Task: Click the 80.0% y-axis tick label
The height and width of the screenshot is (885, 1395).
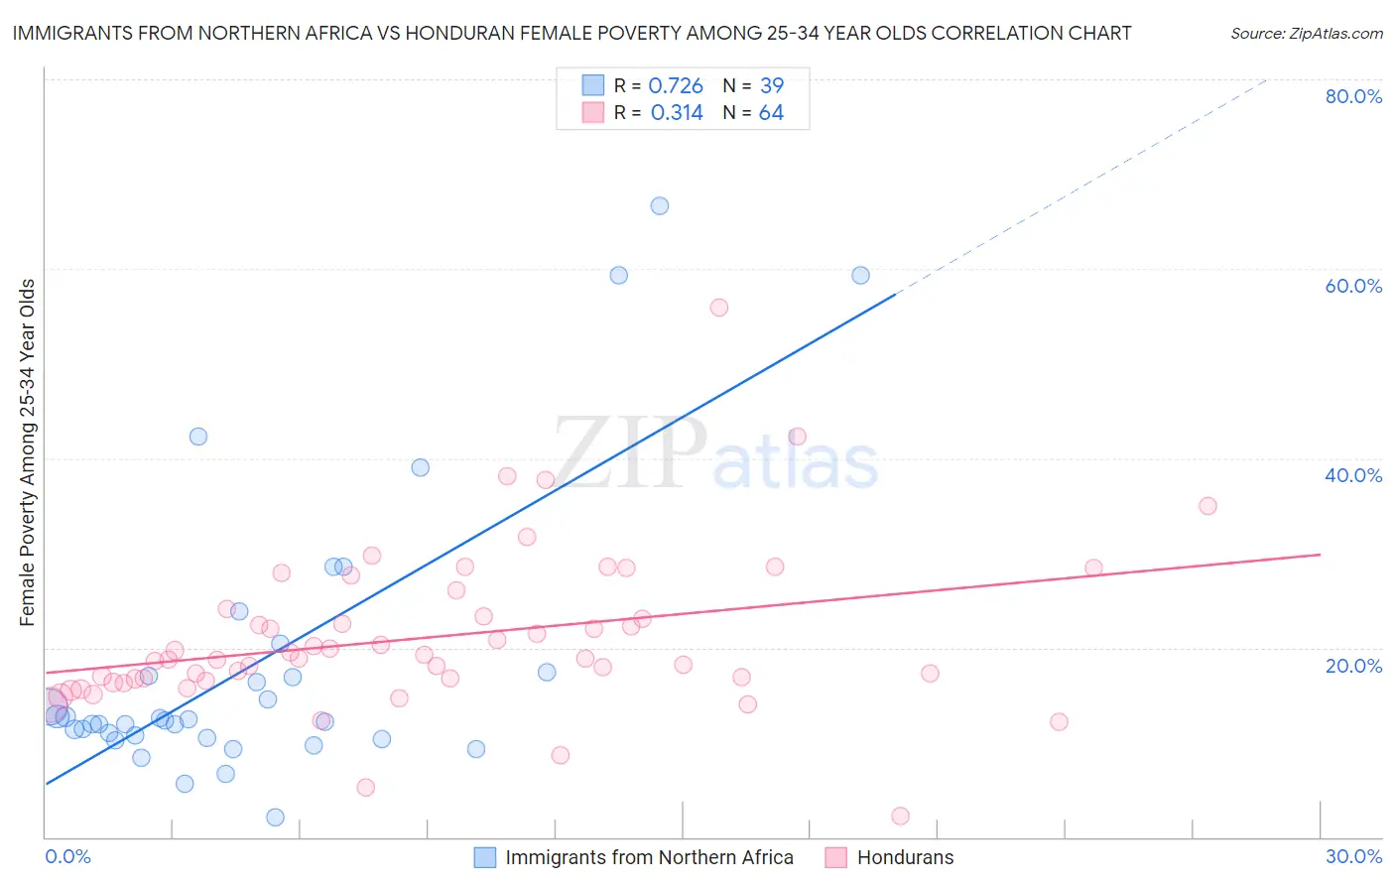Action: (x=1353, y=96)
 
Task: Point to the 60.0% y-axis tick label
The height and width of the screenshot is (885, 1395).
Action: (x=1353, y=286)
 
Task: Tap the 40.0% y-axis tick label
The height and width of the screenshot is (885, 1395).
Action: (x=1353, y=475)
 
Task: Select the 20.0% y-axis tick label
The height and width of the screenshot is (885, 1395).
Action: (x=1353, y=665)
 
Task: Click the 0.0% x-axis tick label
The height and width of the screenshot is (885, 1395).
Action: (x=67, y=856)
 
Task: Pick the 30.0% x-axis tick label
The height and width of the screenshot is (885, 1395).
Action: (x=1353, y=856)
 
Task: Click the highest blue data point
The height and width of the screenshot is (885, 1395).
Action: (x=660, y=206)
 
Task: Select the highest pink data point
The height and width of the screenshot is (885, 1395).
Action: (x=719, y=308)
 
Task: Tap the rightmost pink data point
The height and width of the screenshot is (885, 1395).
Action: (x=1207, y=506)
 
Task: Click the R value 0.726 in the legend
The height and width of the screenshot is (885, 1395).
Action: (x=676, y=86)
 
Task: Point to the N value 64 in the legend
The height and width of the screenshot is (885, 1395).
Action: (x=771, y=113)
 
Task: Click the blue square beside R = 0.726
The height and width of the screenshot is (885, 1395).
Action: (x=593, y=86)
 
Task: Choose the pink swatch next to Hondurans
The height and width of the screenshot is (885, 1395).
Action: (x=836, y=857)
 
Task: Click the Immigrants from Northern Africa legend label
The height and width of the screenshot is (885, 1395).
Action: (x=649, y=857)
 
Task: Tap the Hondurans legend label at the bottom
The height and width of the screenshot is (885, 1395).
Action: (x=905, y=857)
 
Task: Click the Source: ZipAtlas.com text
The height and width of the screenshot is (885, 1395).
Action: (x=1306, y=34)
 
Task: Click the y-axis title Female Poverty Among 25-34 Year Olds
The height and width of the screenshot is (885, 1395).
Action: (x=28, y=452)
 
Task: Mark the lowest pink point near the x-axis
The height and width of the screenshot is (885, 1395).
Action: (x=901, y=817)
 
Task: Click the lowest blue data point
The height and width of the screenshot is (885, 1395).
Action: (x=276, y=818)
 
